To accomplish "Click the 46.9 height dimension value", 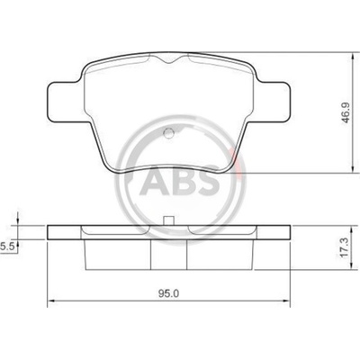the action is [x=346, y=112].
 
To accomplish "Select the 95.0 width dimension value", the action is [x=169, y=293].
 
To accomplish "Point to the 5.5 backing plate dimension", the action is [x=6, y=247].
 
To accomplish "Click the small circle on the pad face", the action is [x=169, y=132].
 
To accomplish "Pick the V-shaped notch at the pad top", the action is [x=169, y=59].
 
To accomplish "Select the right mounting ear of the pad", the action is [x=273, y=102].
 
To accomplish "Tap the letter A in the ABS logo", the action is [x=153, y=183].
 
